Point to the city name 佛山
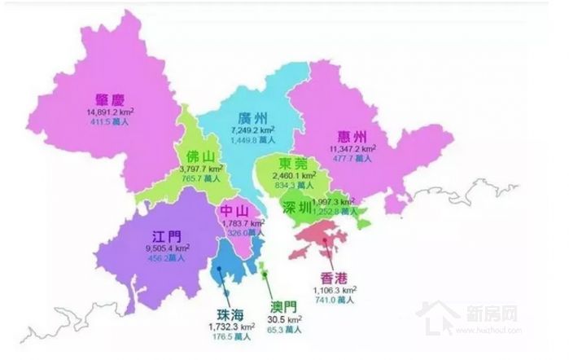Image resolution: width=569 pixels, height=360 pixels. point(201,156)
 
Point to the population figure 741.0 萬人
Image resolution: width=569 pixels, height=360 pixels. point(335,301)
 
